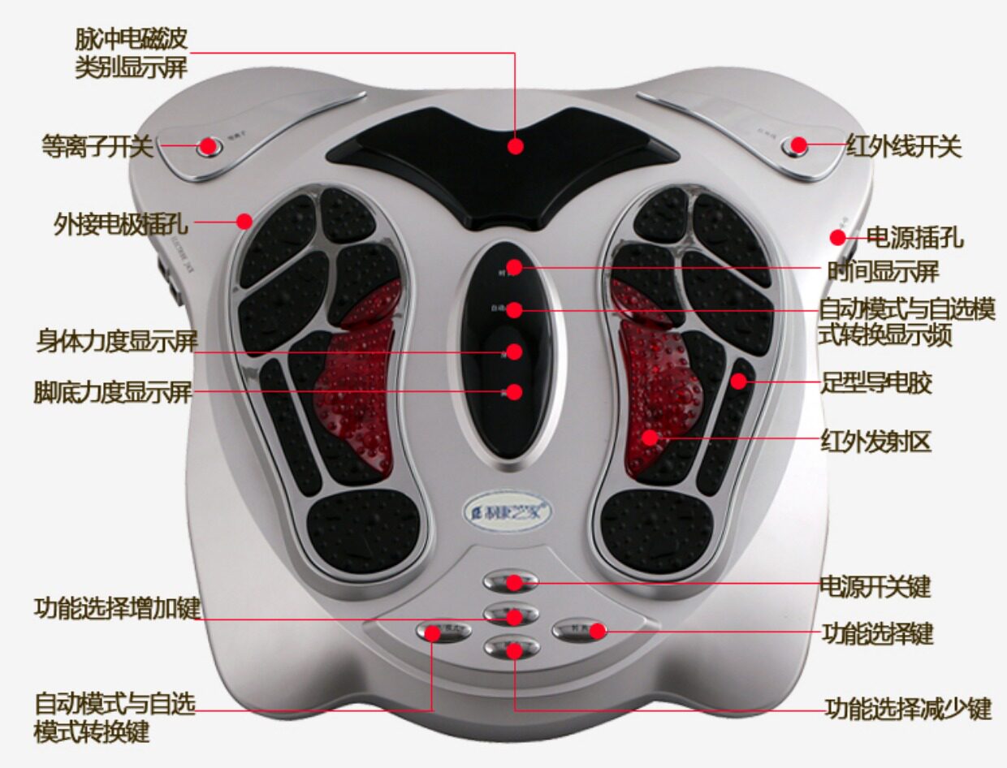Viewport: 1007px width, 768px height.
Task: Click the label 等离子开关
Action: [x=97, y=147]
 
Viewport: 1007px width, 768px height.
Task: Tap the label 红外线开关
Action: [x=903, y=147]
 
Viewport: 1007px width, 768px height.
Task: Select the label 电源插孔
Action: [x=914, y=238]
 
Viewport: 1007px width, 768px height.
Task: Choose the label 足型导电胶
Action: [x=875, y=382]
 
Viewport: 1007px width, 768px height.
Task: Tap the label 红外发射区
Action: [x=875, y=442]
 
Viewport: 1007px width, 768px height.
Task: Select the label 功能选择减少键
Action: [x=908, y=710]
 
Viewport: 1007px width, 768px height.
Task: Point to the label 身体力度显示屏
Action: [x=117, y=340]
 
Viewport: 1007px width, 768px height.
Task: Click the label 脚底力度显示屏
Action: [x=113, y=392]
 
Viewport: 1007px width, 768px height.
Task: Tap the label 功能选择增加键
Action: [x=117, y=607]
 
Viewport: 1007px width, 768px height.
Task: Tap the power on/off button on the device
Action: [x=511, y=581]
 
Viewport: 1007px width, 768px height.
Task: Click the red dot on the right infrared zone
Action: [x=650, y=438]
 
